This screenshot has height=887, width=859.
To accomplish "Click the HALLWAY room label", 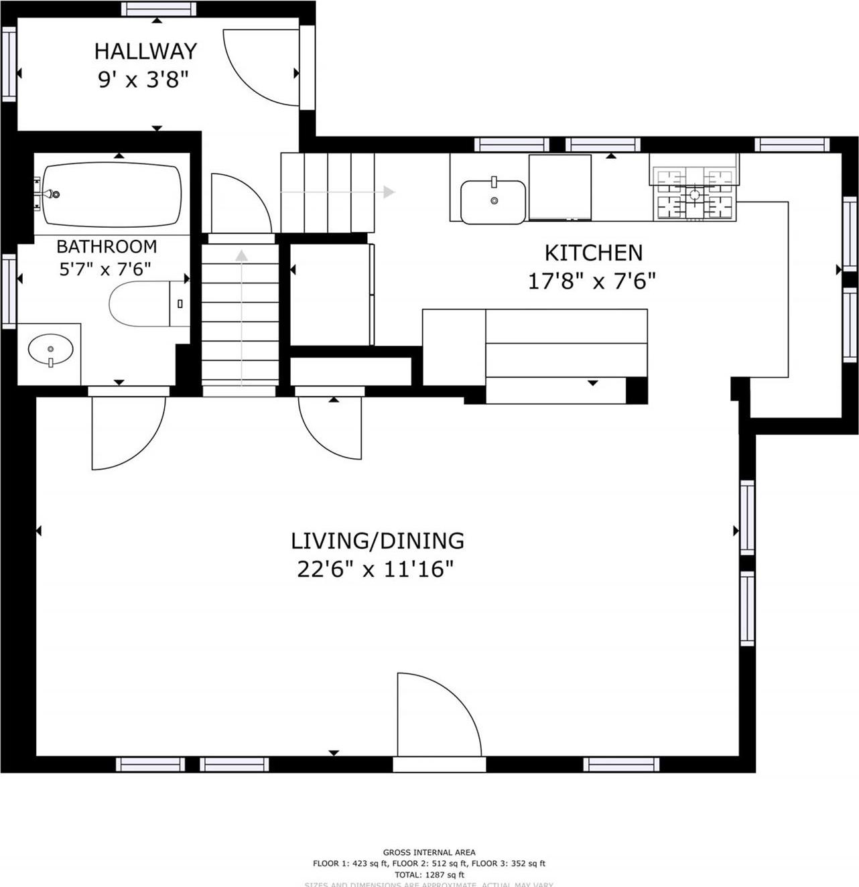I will pos(145,51).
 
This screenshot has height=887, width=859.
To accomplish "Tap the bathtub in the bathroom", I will pos(111,195).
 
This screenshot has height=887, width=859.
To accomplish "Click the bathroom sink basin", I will pos(50,349).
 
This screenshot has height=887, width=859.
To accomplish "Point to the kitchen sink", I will pos(493,201).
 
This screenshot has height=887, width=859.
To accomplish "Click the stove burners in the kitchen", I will pos(694,194).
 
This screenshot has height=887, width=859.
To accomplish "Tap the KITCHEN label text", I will pos(593,253).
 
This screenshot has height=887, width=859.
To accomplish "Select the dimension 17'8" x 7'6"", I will pos(591,281).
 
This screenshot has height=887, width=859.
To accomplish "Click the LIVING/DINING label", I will pos(377,540).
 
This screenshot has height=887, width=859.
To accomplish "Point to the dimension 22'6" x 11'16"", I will pos(375,569).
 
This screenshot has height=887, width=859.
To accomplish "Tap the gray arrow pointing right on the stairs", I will pos(388,192).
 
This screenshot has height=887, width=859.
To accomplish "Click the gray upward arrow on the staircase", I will pos(241,255).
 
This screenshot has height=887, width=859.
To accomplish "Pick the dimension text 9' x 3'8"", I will pos(143,80).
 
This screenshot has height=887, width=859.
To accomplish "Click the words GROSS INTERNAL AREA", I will pos(429,852).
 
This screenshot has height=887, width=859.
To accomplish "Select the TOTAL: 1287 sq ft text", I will pos(429,874).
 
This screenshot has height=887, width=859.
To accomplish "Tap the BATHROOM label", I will pos(107,246).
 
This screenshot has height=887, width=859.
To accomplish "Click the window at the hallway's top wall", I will pos(159,9).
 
